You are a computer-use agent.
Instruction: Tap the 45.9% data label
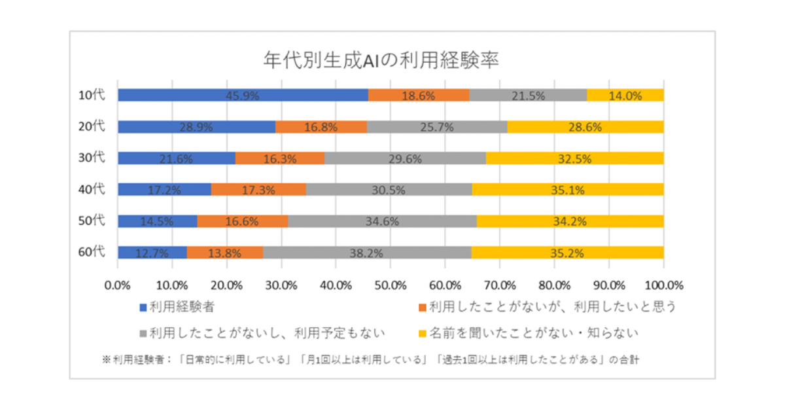(243, 96)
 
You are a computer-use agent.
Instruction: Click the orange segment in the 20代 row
(321, 126)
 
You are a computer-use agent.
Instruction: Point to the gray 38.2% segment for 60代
(366, 253)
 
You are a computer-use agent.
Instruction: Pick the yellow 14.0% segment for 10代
(625, 95)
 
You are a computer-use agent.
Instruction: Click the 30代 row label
(91, 158)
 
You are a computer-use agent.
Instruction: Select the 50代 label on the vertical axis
(91, 221)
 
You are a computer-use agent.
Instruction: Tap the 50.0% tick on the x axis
(391, 285)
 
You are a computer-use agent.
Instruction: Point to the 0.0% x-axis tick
(118, 285)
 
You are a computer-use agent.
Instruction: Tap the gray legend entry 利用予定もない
(262, 333)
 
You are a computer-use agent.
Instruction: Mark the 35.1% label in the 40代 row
(568, 190)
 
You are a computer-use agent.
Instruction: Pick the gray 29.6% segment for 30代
(405, 158)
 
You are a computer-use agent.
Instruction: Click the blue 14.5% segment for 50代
(157, 221)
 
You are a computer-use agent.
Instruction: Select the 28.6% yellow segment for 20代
(585, 126)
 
